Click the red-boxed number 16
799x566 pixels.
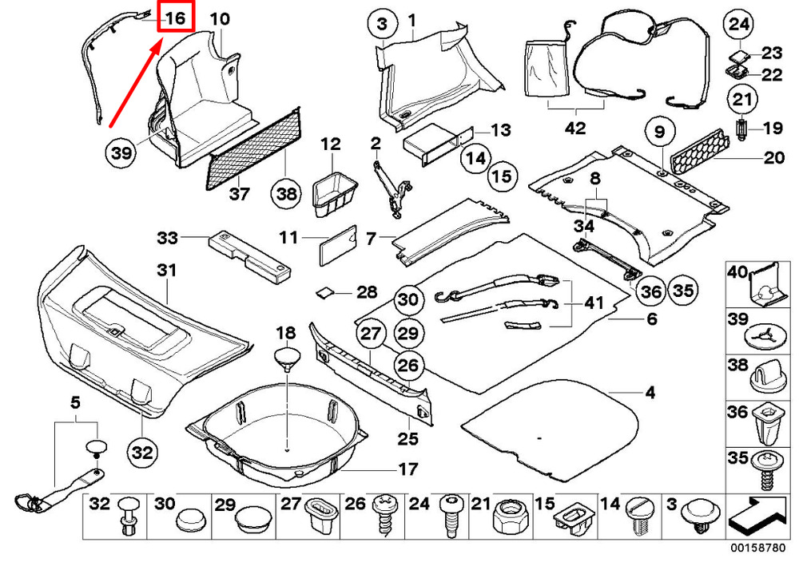[x=175, y=18]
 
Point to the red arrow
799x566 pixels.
[x=136, y=84]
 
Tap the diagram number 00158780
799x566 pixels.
[x=758, y=548]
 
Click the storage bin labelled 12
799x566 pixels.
[x=333, y=195]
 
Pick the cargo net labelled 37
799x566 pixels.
[x=253, y=148]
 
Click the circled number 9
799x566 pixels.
[x=659, y=133]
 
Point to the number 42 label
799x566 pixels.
[x=575, y=128]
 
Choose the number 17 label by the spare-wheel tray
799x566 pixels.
[x=408, y=469]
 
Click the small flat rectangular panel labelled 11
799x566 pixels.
[x=337, y=245]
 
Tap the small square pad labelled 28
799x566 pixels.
[x=324, y=294]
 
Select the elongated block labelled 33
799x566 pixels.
[x=250, y=258]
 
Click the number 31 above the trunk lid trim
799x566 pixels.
[x=167, y=271]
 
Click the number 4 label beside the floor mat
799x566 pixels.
[x=650, y=393]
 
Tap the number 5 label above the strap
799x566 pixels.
[x=75, y=402]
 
